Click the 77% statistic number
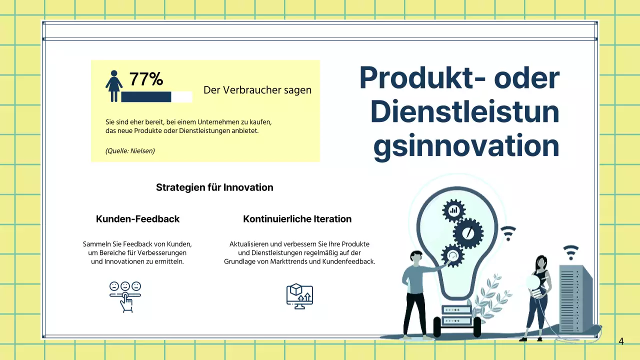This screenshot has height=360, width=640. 146,79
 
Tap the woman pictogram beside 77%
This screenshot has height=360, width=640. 114,86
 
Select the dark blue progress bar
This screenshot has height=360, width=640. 146,97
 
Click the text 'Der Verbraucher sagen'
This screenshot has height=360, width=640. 257,90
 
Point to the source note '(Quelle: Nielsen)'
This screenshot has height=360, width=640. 130,150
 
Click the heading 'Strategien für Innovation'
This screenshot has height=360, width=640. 214,187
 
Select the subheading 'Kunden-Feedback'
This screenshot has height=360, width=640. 137,219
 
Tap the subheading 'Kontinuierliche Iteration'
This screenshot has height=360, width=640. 297,219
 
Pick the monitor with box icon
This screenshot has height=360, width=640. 299,296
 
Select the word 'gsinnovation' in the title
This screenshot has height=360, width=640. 466,146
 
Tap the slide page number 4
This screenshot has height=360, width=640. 621,341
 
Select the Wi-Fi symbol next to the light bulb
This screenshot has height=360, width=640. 508,232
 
